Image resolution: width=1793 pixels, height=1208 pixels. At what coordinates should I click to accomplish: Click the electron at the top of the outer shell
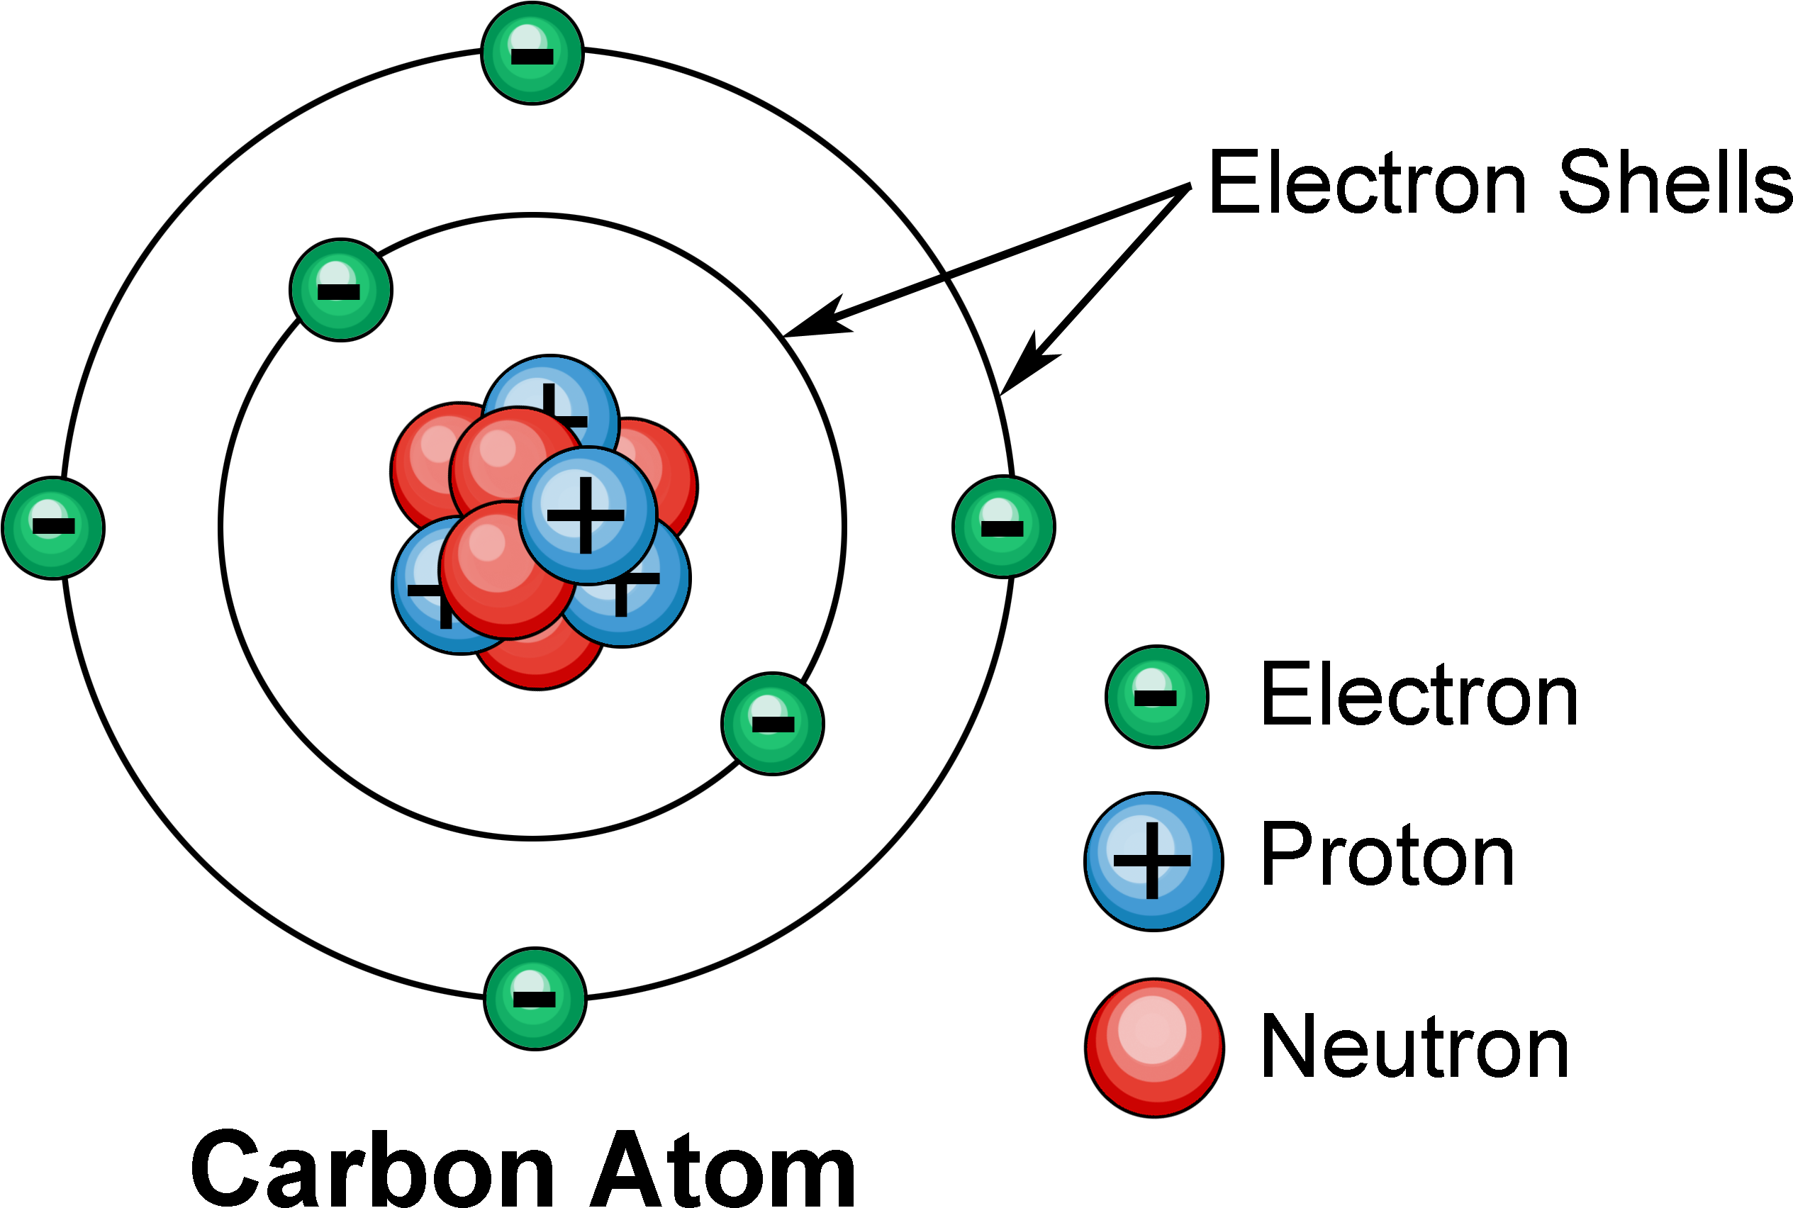(x=532, y=53)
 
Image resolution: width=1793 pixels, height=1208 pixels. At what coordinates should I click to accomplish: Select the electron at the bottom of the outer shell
(x=535, y=998)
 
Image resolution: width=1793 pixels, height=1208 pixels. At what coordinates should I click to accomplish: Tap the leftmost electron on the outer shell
(x=53, y=527)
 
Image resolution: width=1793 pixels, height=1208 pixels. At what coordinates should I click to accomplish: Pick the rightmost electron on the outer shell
(x=1004, y=527)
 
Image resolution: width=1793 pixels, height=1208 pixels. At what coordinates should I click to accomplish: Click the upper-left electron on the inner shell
(x=341, y=290)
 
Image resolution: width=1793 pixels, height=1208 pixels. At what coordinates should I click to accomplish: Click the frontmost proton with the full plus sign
(x=588, y=515)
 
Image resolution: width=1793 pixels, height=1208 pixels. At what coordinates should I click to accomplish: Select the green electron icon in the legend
(x=1156, y=696)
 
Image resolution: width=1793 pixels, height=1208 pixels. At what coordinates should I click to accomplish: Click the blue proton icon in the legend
(x=1154, y=862)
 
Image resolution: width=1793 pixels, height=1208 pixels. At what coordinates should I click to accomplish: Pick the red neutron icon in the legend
(x=1154, y=1048)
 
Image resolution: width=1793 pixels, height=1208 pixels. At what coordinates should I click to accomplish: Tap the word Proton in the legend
(x=1387, y=854)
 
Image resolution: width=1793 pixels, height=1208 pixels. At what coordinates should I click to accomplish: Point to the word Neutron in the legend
(x=1414, y=1046)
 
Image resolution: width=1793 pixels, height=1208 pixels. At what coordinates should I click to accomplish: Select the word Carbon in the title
(x=373, y=1169)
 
